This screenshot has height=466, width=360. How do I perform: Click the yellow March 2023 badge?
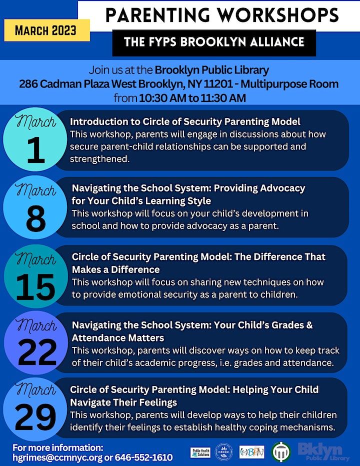pos(46,30)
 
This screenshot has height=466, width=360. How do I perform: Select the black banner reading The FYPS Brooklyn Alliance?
pos(214,42)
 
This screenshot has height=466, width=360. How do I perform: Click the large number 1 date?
pos(34,152)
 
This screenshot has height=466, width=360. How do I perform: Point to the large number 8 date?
pos(34,219)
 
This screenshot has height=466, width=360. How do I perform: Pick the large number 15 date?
pos(35,286)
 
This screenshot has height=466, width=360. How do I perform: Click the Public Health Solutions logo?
pos(200,452)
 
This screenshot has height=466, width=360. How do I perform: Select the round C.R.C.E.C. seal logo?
pos(223,452)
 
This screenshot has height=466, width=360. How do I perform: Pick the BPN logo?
pos(252,452)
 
